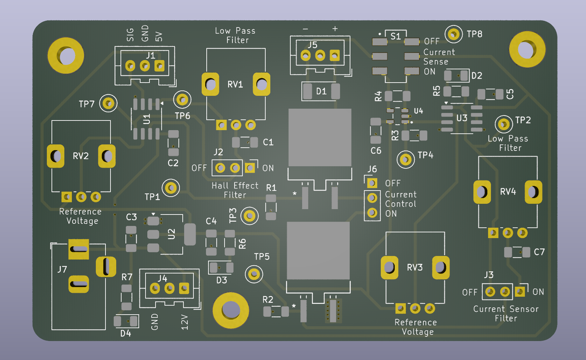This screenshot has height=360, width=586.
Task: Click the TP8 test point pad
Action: click(453, 34)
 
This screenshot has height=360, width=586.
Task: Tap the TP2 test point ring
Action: click(503, 124)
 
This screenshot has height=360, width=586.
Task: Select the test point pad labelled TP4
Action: click(405, 159)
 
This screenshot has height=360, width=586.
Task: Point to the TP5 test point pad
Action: click(254, 274)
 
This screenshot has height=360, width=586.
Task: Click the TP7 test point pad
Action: click(108, 104)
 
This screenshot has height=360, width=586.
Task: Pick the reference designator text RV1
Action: click(235, 84)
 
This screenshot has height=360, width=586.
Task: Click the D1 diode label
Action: click(321, 92)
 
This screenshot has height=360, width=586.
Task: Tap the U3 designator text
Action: click(462, 118)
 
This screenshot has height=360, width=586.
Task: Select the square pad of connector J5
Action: click(335, 55)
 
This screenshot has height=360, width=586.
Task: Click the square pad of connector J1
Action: click(159, 66)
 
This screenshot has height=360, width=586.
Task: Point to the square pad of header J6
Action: click(372, 183)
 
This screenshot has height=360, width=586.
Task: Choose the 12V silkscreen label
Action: click(184, 322)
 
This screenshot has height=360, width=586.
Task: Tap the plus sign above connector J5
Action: click(335, 29)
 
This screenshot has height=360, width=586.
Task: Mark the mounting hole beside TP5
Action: click(231, 310)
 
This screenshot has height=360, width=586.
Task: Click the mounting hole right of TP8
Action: click(527, 49)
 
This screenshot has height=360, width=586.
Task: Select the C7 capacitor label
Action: click(539, 252)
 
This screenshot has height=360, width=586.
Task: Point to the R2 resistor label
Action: click(268, 300)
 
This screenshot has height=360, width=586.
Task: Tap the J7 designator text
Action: click(62, 269)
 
